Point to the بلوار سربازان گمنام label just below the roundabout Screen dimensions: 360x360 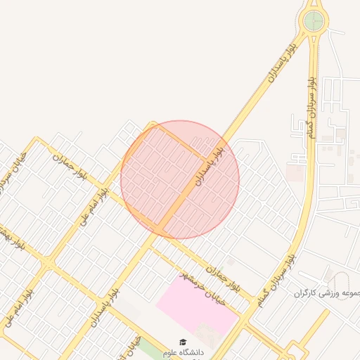pos(307,106)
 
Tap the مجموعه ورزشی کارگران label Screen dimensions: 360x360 pos(328,293)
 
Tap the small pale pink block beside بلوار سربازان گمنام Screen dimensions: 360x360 pos(295,171)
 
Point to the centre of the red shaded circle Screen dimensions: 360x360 pos(180,180)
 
